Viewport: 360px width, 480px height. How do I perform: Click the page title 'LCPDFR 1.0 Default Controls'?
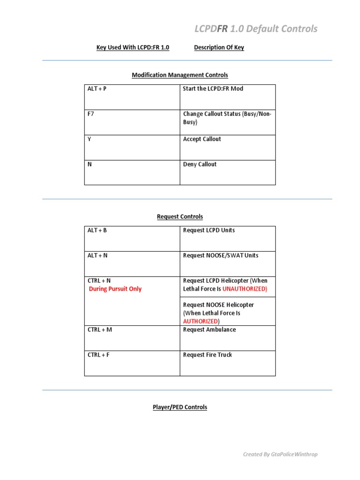[255, 29]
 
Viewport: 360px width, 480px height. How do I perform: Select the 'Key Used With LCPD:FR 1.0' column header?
[133, 47]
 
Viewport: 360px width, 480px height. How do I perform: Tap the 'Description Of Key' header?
[219, 47]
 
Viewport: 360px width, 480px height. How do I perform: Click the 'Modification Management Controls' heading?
[180, 75]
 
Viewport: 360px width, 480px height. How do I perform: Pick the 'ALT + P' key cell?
[97, 89]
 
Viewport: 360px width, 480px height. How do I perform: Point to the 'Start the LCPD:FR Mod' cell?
[213, 89]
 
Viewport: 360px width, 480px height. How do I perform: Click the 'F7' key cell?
[91, 114]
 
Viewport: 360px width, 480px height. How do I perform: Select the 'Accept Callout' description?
[202, 139]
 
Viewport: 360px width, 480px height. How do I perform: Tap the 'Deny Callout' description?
[200, 165]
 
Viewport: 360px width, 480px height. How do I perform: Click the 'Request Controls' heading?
[180, 217]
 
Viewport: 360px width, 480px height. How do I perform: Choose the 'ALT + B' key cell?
[97, 230]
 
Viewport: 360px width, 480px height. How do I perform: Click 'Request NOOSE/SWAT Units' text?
[220, 255]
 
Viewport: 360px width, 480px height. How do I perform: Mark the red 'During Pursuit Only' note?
[115, 289]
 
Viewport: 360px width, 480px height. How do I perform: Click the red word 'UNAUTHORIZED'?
[244, 289]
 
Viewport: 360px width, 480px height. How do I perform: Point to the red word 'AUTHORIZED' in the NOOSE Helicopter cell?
[201, 321]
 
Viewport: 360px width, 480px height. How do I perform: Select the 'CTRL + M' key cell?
[100, 330]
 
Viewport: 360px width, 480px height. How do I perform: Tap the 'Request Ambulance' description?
[209, 330]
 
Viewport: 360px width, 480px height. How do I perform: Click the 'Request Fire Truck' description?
[207, 355]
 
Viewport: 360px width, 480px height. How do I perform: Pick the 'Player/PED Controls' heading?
[180, 407]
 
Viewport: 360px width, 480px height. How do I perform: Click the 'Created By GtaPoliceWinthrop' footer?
[280, 454]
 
